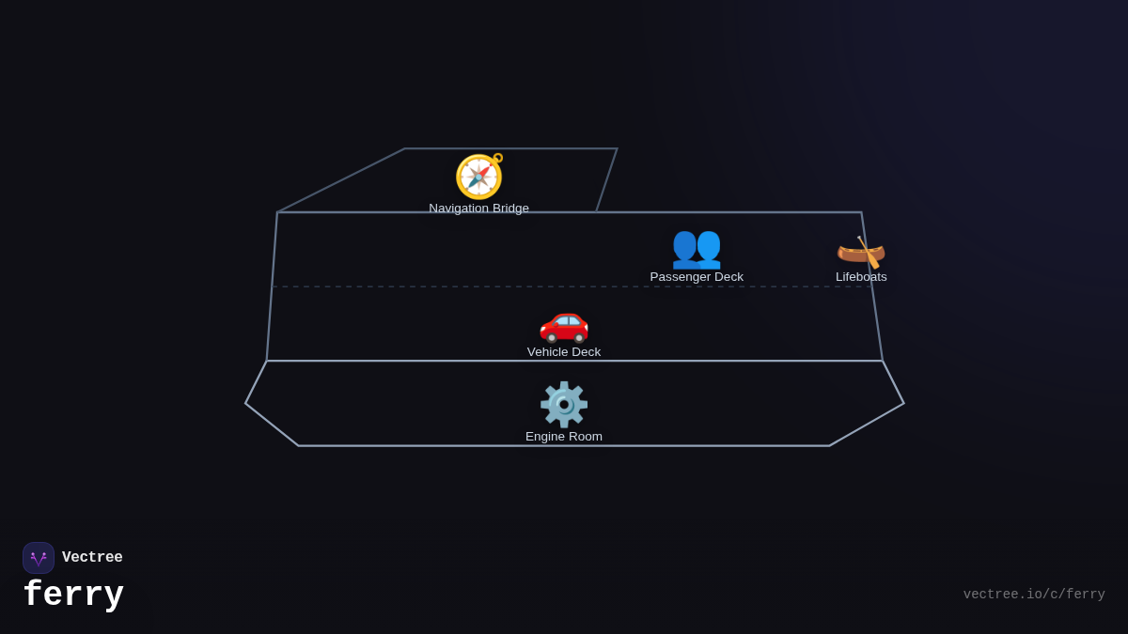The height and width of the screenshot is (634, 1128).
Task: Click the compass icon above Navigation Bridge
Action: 479,177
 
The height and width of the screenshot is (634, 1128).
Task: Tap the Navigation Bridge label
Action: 479,209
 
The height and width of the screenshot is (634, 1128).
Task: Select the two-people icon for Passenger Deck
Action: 697,247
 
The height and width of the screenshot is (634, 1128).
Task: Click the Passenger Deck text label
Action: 697,277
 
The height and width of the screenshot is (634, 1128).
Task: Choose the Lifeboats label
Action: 861,277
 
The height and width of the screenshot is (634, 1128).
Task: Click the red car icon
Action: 564,323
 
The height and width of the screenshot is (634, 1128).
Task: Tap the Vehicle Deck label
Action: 564,352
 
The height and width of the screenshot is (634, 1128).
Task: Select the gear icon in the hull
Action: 564,404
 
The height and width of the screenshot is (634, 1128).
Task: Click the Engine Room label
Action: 564,437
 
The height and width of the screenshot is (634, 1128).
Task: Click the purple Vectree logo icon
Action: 39,558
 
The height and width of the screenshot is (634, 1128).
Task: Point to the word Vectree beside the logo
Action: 92,558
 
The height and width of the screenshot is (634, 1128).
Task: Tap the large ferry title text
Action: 73,595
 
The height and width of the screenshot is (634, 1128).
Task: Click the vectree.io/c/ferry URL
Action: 1034,595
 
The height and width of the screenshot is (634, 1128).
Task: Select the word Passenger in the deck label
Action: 681,277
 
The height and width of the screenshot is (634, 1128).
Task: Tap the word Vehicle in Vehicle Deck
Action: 548,352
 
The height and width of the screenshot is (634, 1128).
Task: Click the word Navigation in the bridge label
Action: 459,209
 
